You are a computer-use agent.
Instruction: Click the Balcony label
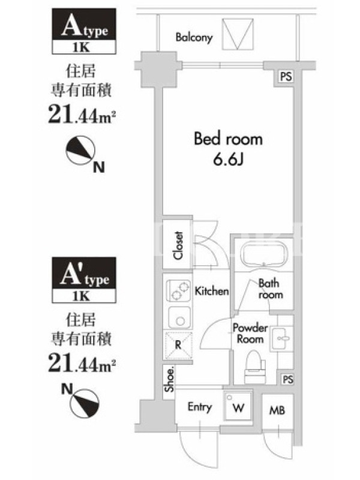click(x=194, y=37)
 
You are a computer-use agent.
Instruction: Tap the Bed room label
click(x=229, y=139)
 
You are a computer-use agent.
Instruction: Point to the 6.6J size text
click(x=228, y=159)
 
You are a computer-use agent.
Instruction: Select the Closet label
click(x=178, y=245)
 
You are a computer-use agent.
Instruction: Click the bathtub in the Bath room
click(x=264, y=254)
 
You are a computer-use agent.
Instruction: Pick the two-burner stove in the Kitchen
click(x=178, y=291)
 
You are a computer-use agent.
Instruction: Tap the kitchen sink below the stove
click(x=179, y=318)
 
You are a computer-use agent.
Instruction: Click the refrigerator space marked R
click(x=178, y=346)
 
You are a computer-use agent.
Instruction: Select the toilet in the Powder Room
click(x=254, y=367)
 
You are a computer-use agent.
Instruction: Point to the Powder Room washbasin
click(x=281, y=338)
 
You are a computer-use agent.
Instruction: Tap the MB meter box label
click(x=277, y=410)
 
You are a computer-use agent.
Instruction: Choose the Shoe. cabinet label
click(x=169, y=379)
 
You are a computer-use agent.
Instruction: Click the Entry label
click(x=200, y=407)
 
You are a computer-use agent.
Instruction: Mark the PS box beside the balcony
click(x=286, y=77)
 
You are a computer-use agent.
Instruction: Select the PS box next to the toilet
click(x=287, y=380)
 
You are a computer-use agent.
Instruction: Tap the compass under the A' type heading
click(x=85, y=403)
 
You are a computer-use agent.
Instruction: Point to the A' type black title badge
click(x=84, y=273)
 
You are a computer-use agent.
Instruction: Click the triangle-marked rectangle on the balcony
click(x=238, y=34)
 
